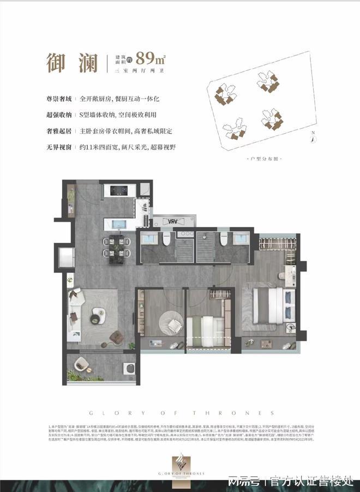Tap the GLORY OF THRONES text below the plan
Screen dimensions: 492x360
(x=180, y=413)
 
